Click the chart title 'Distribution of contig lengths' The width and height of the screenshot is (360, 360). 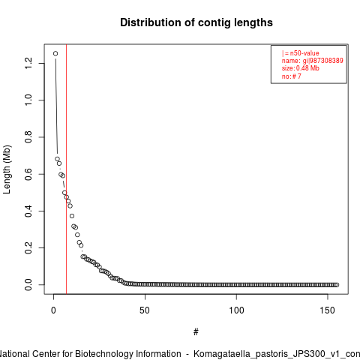tap(196, 22)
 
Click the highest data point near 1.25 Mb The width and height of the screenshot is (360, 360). tap(55, 53)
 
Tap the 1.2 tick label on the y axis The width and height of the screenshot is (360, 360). tap(28, 63)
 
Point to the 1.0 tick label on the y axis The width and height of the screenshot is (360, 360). tap(28, 100)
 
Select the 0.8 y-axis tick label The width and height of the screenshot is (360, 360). tap(28, 137)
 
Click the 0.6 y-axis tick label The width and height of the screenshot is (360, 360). tap(28, 174)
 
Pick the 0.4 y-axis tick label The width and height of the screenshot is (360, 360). tap(28, 211)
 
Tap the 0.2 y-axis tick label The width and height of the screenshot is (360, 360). tap(28, 247)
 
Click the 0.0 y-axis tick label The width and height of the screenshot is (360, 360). tap(28, 285)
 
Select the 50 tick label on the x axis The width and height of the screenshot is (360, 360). tap(145, 310)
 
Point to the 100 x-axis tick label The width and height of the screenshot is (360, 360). tap(236, 310)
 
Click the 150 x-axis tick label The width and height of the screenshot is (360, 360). tap(328, 310)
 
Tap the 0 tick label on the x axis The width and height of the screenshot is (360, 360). tap(53, 310)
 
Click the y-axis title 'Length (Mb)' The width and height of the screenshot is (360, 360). tap(7, 169)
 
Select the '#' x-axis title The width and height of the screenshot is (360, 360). tap(196, 332)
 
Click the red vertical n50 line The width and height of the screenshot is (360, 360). tap(66, 169)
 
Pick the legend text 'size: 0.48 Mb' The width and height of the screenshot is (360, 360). tap(301, 68)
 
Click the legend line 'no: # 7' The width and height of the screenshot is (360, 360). tap(292, 76)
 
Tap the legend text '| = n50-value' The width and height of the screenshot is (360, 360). tap(301, 53)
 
